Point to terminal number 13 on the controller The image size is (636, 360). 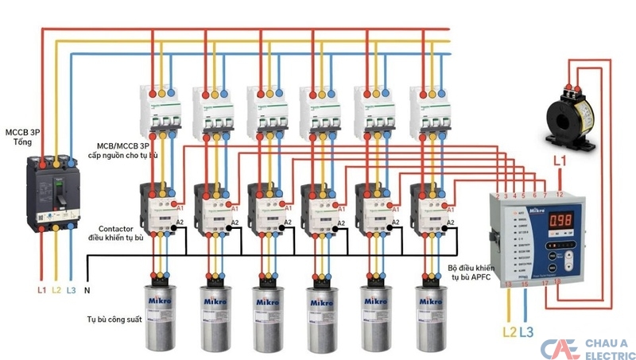509,282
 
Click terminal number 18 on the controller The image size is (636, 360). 557,282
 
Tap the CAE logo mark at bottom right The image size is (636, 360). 560,348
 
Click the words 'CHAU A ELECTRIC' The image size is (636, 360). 607,348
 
